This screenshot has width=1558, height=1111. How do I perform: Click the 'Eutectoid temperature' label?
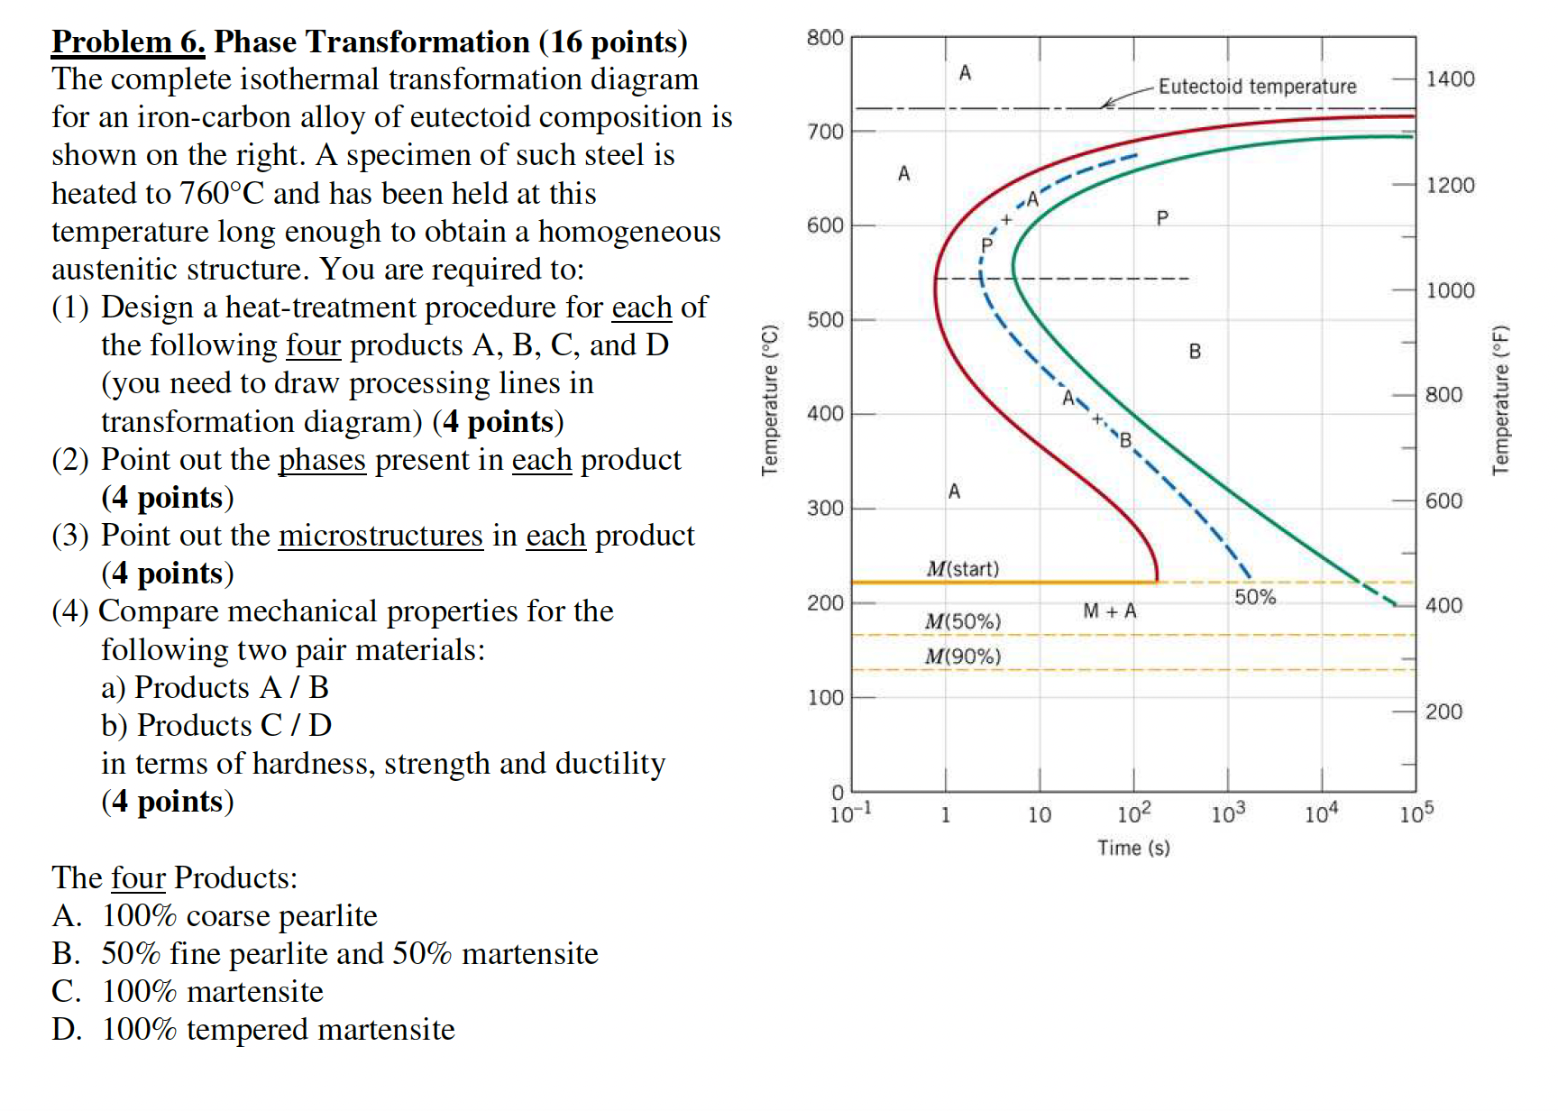point(1257,87)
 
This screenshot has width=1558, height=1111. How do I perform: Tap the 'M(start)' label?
point(963,569)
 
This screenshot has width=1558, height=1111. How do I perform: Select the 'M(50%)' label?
point(963,621)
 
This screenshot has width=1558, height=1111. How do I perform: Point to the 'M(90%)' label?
point(963,656)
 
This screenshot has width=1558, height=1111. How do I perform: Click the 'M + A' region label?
point(1110,611)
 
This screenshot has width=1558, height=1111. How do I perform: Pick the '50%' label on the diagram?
point(1255,597)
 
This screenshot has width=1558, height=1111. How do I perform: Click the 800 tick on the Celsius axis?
point(825,38)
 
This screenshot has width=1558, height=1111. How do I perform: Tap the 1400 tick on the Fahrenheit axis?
point(1450,79)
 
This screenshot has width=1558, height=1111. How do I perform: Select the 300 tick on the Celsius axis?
point(825,509)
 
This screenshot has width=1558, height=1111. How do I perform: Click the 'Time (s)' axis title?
point(1133,848)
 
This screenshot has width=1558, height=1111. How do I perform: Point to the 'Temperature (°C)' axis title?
point(769,399)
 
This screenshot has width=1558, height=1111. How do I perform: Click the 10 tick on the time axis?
point(1040,815)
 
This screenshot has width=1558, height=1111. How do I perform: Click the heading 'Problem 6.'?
point(128,41)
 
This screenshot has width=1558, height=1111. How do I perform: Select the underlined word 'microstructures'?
point(380,536)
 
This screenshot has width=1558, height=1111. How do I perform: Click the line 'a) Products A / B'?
point(215,688)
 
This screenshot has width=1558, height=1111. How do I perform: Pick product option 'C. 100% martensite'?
point(188,992)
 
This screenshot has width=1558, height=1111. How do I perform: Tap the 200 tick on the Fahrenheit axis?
point(1443,712)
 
